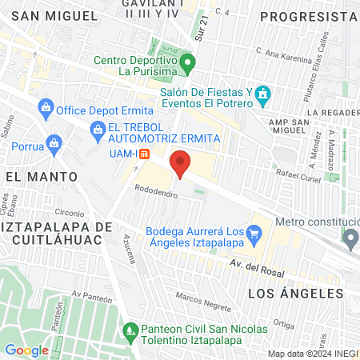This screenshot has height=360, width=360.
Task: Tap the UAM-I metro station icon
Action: click(x=144, y=154)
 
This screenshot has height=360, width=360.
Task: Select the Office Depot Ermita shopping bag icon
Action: click(x=45, y=107)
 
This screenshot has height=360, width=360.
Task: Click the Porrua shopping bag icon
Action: click(x=53, y=145)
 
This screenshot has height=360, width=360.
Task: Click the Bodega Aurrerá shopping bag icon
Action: click(x=255, y=234)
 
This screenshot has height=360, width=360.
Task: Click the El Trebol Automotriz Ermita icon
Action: click(x=98, y=128)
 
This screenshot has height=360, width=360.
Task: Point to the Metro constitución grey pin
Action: click(x=350, y=238)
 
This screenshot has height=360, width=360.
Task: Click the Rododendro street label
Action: click(x=156, y=193)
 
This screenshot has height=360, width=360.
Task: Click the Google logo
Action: click(x=26, y=350)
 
